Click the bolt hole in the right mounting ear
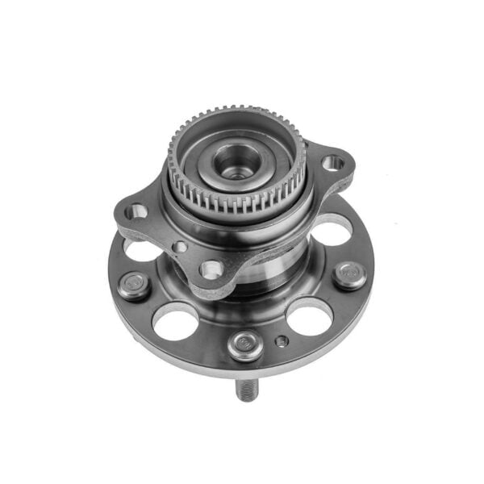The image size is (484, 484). click(332, 163)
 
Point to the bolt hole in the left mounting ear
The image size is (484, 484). click(138, 212)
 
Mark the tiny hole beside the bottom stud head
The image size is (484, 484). click(280, 341)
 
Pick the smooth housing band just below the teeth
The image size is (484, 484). click(242, 222)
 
